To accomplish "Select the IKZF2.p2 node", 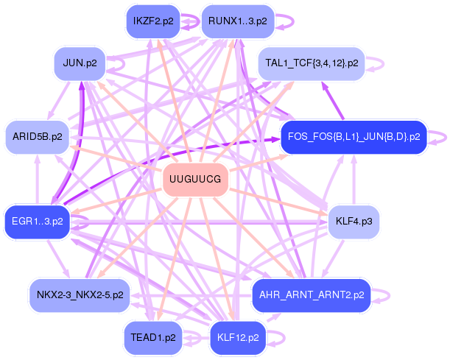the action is tap(154, 21).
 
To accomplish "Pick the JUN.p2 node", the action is tap(80, 63).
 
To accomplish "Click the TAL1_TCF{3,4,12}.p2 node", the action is tap(312, 63).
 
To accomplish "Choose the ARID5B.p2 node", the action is tap(38, 137).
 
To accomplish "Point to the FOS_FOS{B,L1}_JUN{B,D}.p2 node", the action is tap(354, 137).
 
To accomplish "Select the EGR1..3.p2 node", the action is tap(38, 220).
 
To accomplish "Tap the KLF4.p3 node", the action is tap(353, 221).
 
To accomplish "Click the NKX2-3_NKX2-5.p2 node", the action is tap(80, 294).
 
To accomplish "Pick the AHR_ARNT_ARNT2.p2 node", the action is tap(312, 294).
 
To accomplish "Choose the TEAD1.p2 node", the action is tap(152, 337).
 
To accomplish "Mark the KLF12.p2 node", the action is tap(238, 337).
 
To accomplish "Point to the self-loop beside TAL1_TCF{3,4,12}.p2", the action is tap(382, 63).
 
